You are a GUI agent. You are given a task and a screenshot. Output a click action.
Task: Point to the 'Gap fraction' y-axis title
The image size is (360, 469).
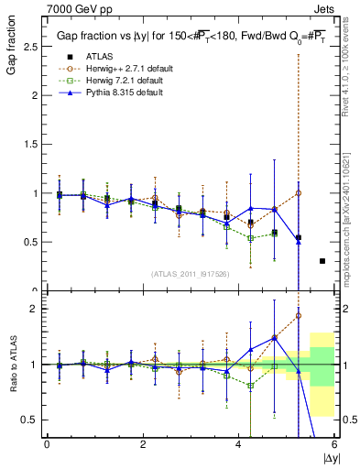pyautogui.click(x=11, y=50)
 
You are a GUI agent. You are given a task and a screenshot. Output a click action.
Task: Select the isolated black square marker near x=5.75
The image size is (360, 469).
pyautogui.click(x=322, y=261)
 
